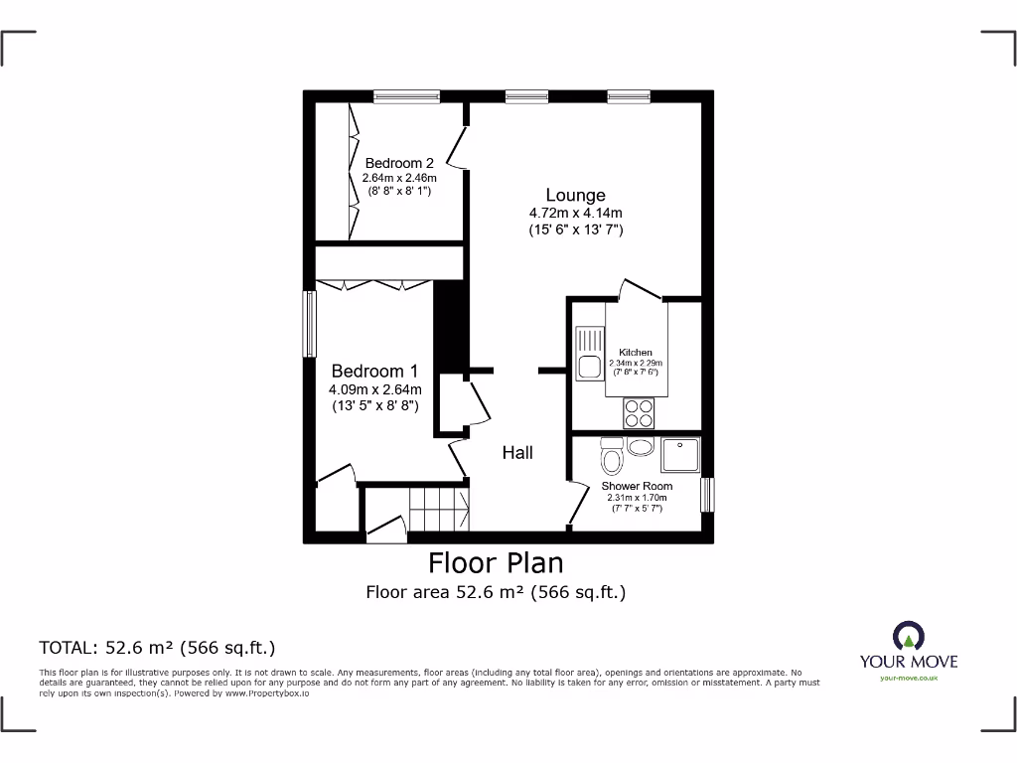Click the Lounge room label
click(575, 195)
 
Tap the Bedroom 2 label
click(399, 163)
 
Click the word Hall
click(517, 453)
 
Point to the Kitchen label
click(636, 353)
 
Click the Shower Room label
click(637, 486)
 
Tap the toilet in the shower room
click(612, 457)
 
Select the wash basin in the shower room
click(642, 446)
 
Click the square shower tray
click(681, 456)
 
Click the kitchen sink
click(585, 356)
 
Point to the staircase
click(438, 508)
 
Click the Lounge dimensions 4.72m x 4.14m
click(575, 213)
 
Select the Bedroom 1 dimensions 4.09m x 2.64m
click(375, 389)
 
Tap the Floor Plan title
click(496, 563)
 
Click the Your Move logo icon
click(907, 636)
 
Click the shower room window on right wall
click(707, 494)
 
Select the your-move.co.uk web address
click(908, 678)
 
